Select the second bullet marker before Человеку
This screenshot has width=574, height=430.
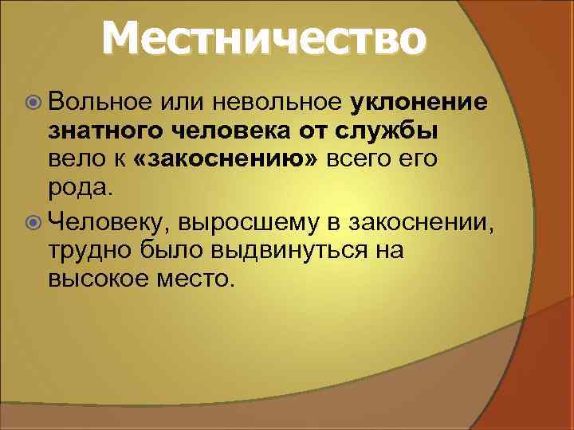tap(32, 221)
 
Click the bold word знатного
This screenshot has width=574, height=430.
tap(105, 133)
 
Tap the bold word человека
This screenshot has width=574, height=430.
tap(234, 133)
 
